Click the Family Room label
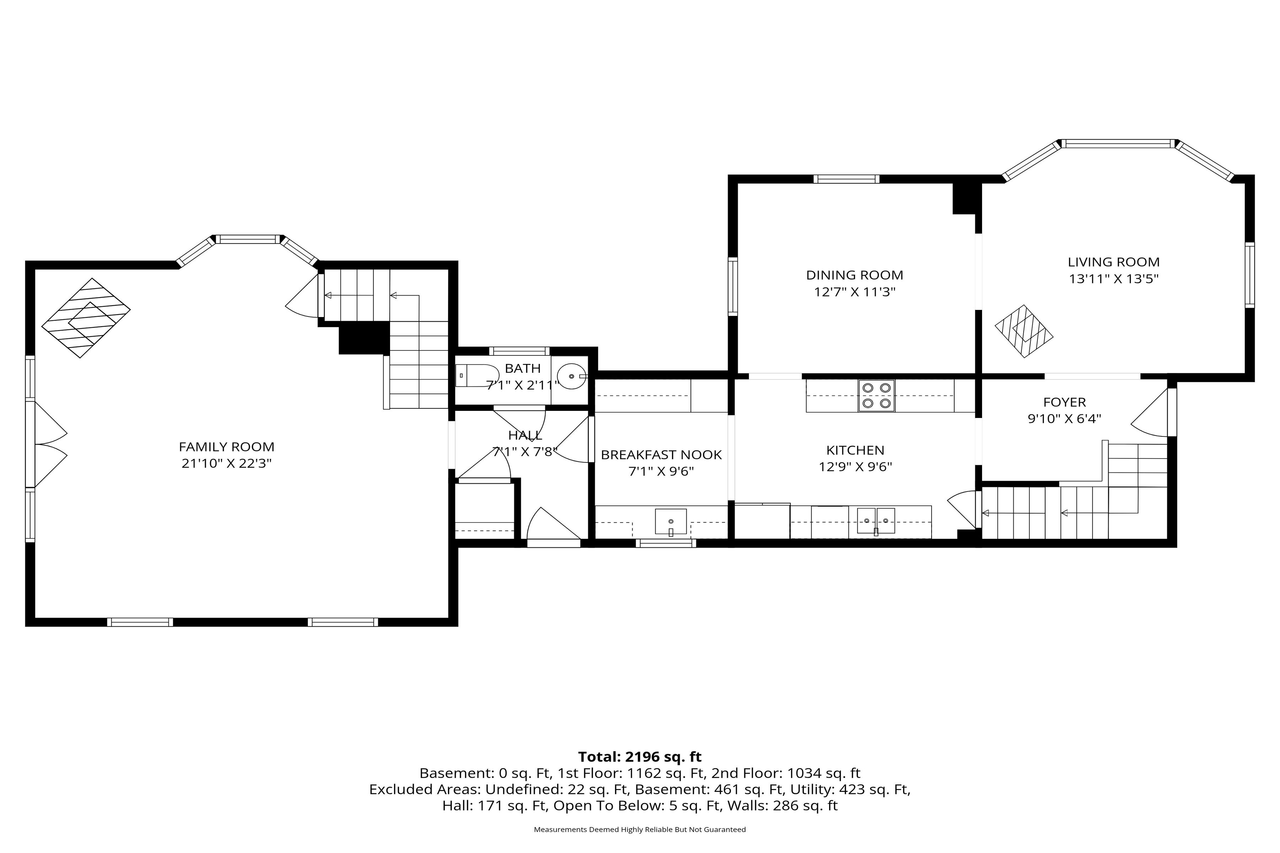point(226,447)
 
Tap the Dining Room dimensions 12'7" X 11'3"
point(854,292)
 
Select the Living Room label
point(1114,262)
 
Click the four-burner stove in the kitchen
point(876,395)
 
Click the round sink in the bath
point(571,376)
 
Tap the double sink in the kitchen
point(876,521)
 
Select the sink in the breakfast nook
point(671,522)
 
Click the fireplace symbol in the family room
point(86,318)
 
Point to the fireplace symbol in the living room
point(1024,331)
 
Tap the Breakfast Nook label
point(661,455)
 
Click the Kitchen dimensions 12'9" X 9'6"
point(855,467)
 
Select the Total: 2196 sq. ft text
point(640,757)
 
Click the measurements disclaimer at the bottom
point(640,830)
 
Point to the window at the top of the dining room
point(846,179)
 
